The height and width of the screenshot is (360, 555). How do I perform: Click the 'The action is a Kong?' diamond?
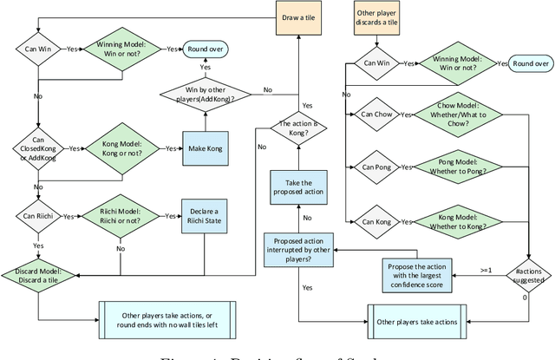pyautogui.click(x=299, y=129)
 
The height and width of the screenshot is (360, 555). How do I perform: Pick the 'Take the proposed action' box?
pyautogui.click(x=299, y=187)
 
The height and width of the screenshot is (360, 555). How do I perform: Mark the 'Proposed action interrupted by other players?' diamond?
pyautogui.click(x=299, y=247)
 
